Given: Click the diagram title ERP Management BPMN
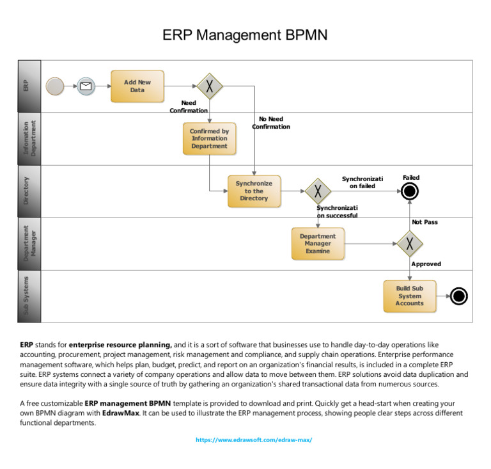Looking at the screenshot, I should tap(245, 35).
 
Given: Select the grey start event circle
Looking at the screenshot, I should tap(56, 86).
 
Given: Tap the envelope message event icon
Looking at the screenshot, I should tap(86, 86).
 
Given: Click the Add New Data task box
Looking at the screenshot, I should tap(137, 86).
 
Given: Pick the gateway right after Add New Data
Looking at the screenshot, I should tap(209, 86).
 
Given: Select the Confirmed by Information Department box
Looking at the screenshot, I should tap(210, 139).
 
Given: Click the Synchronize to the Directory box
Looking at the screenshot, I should tap(254, 191).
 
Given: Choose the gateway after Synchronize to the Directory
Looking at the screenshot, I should tap(317, 191).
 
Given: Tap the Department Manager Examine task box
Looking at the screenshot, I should tap(318, 244).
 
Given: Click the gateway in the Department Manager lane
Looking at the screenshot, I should tap(410, 243).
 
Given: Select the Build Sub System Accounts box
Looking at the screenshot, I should tap(410, 296).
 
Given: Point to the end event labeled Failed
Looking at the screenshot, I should tap(410, 191).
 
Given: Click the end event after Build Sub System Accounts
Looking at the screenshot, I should tap(458, 296).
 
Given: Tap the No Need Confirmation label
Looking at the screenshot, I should tap(271, 123).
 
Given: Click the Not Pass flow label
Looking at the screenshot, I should tap(425, 222).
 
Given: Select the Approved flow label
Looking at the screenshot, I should tap(426, 264).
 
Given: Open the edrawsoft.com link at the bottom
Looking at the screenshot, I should tap(254, 440).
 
